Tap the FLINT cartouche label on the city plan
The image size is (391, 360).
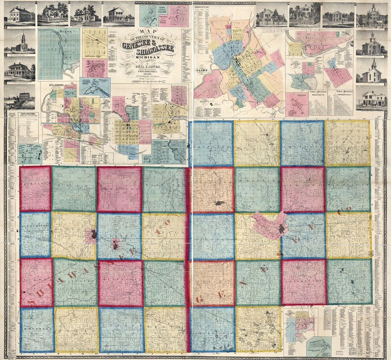[x=201, y=68]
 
